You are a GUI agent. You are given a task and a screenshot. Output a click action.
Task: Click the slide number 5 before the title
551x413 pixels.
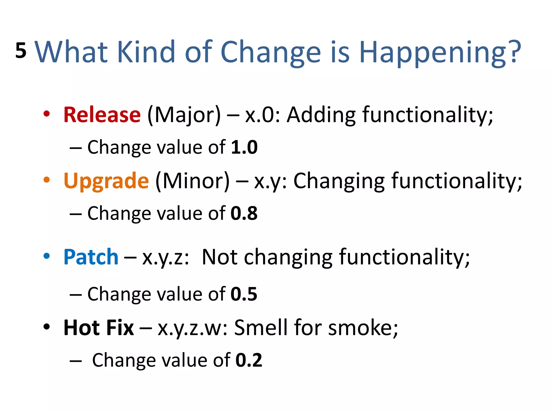pyautogui.click(x=21, y=51)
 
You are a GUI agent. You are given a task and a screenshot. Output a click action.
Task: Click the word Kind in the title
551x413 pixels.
pyautogui.click(x=146, y=52)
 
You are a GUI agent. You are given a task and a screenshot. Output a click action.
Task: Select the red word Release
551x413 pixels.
pyautogui.click(x=102, y=115)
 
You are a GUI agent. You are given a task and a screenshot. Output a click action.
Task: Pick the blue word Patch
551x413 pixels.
pyautogui.click(x=91, y=257)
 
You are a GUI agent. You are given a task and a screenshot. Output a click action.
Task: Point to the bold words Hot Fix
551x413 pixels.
pyautogui.click(x=98, y=328)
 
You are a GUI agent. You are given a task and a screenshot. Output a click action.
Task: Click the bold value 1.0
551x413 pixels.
pyautogui.click(x=244, y=147)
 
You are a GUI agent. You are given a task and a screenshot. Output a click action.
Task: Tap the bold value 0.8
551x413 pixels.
pyautogui.click(x=244, y=213)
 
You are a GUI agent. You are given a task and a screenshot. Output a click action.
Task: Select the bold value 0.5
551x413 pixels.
pyautogui.click(x=244, y=294)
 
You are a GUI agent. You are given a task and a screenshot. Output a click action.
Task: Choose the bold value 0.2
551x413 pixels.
pyautogui.click(x=249, y=360)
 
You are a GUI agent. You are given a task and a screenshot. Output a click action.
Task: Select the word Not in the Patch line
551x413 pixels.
pyautogui.click(x=220, y=257)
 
